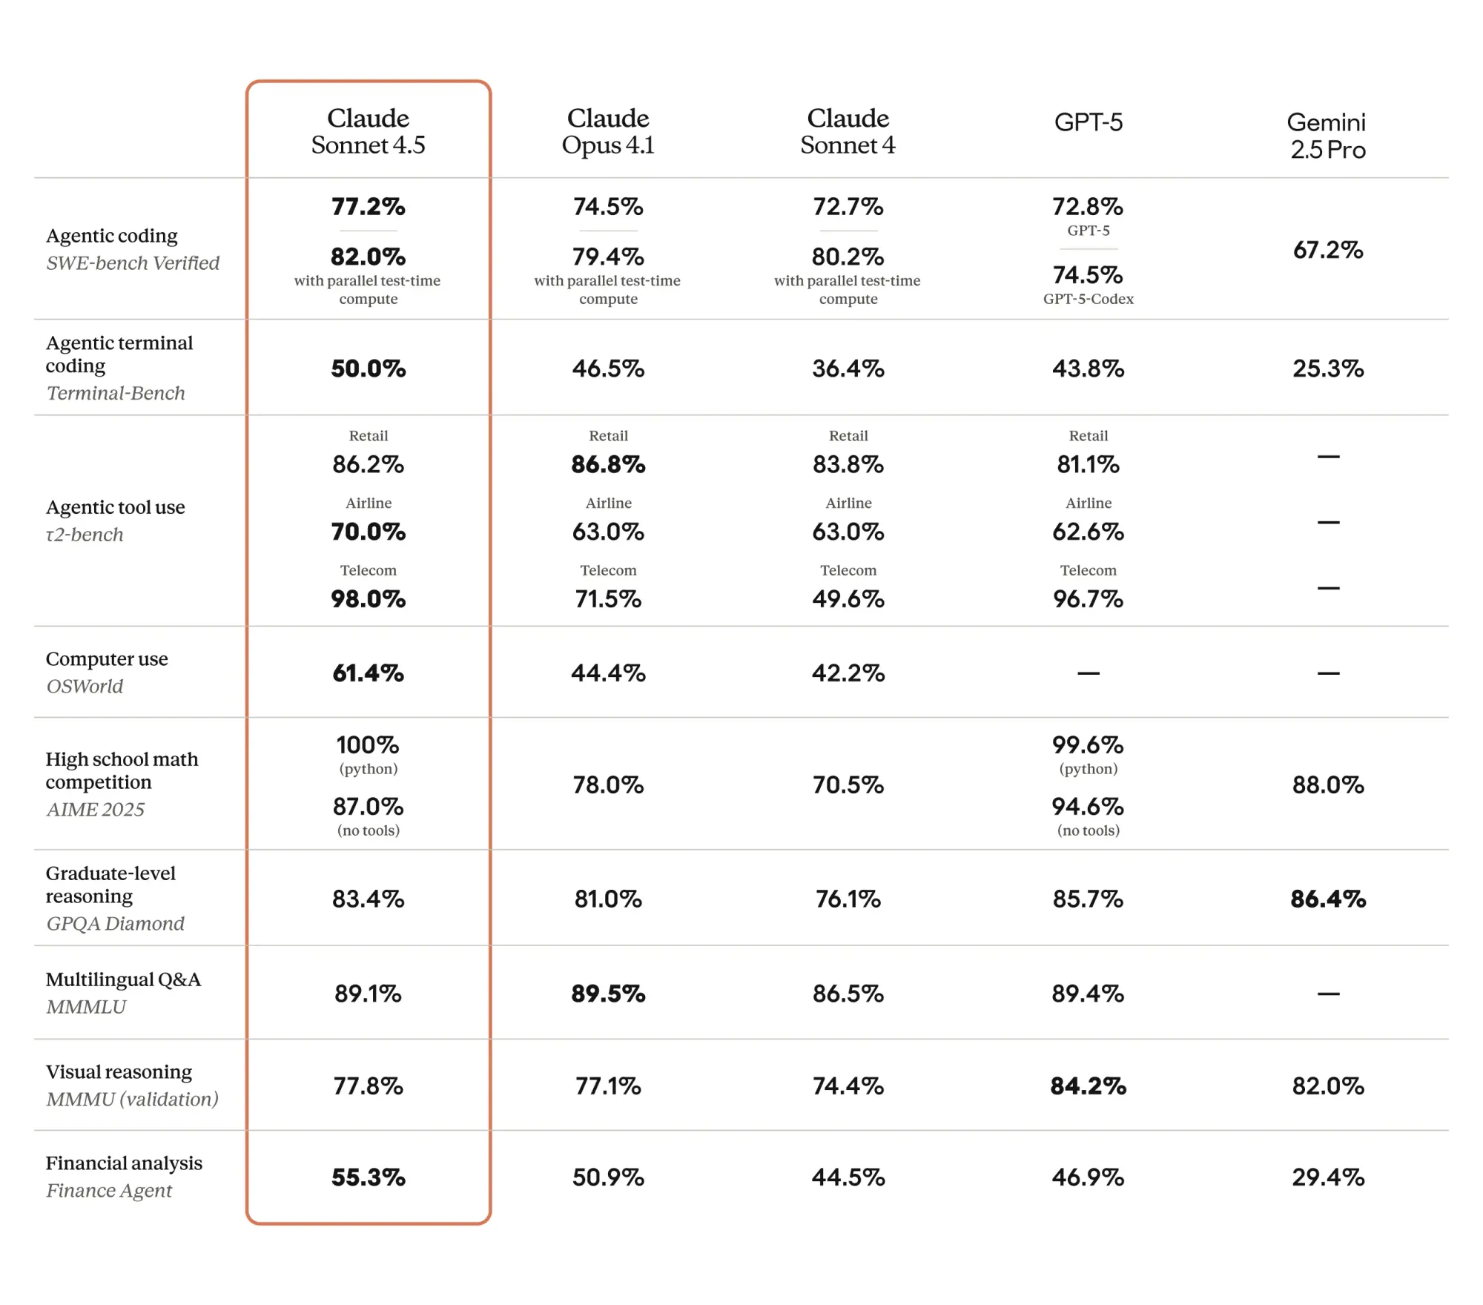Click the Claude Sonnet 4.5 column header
click(368, 131)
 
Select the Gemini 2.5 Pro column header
click(1327, 136)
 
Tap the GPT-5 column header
click(1088, 122)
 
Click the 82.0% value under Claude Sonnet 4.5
click(368, 257)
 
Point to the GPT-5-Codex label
click(1088, 299)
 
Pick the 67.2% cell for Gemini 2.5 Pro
click(1327, 250)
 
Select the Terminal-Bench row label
click(115, 393)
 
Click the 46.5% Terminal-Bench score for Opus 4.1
click(608, 369)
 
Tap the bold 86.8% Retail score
click(608, 465)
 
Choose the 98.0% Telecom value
click(368, 599)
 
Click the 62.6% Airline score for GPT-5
click(1088, 532)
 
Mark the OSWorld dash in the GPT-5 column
click(1088, 673)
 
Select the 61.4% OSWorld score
click(368, 673)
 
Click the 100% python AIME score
click(368, 745)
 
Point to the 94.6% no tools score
click(1088, 807)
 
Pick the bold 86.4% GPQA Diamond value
click(1327, 899)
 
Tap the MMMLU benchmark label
click(86, 1007)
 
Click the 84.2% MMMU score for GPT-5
click(1088, 1086)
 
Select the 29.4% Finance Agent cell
click(1327, 1177)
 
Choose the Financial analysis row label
click(124, 1163)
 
